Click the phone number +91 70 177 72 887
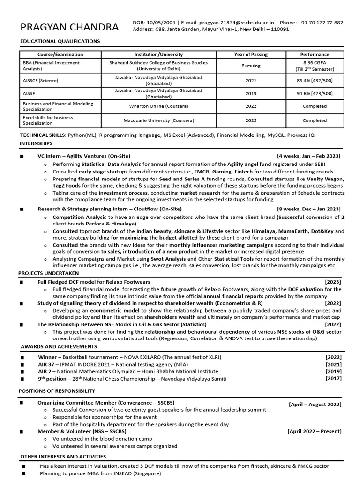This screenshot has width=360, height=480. point(321,22)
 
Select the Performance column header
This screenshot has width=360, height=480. point(315,54)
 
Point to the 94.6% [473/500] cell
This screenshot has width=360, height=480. point(315,93)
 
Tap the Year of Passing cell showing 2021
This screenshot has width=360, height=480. point(251,80)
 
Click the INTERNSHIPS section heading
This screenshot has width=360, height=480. point(36,142)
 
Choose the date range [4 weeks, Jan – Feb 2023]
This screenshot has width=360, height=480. point(309,156)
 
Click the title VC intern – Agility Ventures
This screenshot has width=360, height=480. point(84,156)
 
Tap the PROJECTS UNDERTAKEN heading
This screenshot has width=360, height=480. point(49,273)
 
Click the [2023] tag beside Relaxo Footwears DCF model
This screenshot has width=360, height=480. point(333,282)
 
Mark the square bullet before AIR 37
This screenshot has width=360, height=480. point(22,364)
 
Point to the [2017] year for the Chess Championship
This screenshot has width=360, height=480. point(333,379)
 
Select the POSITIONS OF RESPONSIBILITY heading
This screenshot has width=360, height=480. point(57,391)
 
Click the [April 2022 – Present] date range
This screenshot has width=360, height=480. point(314,431)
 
